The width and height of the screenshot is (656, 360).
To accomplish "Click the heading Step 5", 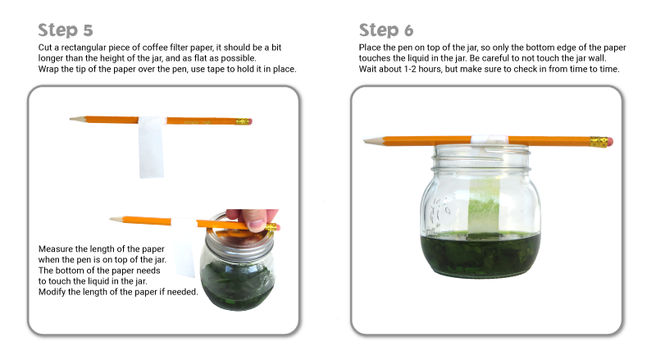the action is tap(66, 30).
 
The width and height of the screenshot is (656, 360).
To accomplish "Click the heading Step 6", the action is tap(386, 30).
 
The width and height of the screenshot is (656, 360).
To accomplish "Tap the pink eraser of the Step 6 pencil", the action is tap(610, 142).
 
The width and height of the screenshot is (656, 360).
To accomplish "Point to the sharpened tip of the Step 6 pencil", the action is tap(365, 141).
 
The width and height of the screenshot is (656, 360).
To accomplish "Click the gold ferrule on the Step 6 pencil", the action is tap(599, 142).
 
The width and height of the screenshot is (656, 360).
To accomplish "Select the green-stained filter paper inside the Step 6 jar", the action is tap(484, 206).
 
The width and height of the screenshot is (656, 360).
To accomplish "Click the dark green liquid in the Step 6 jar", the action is tap(480, 254).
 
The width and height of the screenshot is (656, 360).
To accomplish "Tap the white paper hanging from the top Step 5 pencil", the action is tap(151, 148).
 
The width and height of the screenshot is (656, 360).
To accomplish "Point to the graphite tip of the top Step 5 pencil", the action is tap(71, 119).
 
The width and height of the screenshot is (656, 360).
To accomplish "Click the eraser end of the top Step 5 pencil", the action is tap(250, 122).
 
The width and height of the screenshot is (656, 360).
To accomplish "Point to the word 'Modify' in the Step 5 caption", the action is tap(52, 292).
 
